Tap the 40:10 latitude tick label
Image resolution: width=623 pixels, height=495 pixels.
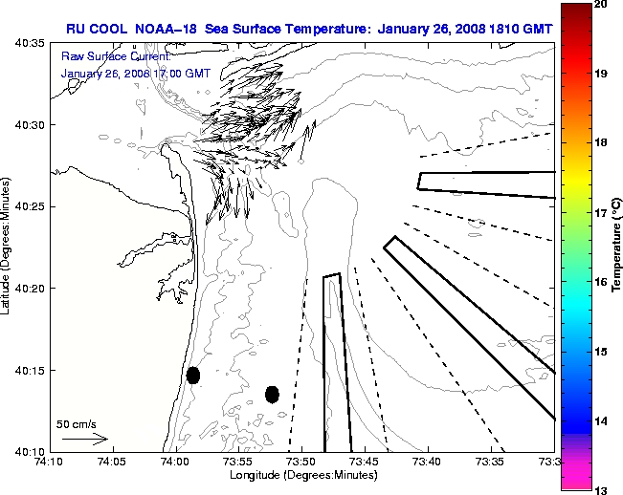(x=27, y=451)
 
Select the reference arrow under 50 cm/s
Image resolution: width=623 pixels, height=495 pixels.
(x=84, y=439)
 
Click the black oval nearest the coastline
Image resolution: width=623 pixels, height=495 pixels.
(x=193, y=375)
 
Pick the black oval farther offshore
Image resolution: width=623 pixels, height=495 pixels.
(x=272, y=394)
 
